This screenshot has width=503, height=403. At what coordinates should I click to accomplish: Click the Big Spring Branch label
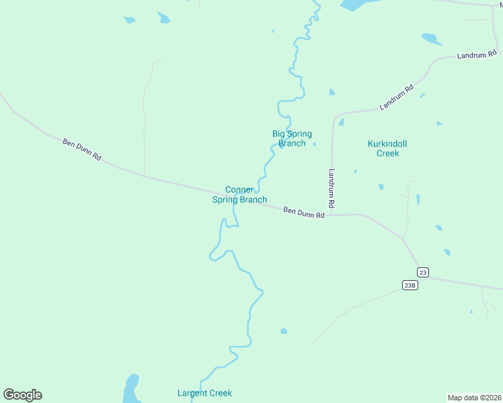click(292, 138)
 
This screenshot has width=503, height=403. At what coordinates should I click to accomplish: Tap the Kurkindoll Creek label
click(387, 148)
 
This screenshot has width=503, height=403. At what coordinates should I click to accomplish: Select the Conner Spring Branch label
click(239, 195)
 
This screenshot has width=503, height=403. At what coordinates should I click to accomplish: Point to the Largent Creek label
click(204, 393)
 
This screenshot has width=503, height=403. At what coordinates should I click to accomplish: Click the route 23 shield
click(422, 272)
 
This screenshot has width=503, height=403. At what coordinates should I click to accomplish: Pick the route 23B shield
click(410, 285)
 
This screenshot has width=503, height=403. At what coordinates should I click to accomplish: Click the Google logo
click(22, 395)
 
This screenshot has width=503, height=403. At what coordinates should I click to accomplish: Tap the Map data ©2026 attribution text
click(474, 397)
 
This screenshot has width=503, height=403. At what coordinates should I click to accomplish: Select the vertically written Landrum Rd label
click(332, 187)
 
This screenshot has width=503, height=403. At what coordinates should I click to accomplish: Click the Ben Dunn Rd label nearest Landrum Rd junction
click(304, 213)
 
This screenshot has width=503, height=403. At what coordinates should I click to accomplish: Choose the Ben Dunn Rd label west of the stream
click(82, 149)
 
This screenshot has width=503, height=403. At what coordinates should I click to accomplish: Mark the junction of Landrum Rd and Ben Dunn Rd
click(332, 216)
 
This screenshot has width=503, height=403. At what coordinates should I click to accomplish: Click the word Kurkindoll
click(387, 144)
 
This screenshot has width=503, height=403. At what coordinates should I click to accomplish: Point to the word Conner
click(239, 190)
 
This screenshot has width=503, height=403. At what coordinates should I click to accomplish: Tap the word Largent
click(192, 393)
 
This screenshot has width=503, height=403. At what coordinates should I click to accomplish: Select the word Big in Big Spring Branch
click(279, 134)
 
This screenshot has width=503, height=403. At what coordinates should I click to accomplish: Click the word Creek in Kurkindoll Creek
click(387, 153)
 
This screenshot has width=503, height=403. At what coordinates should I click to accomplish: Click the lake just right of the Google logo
click(131, 390)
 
